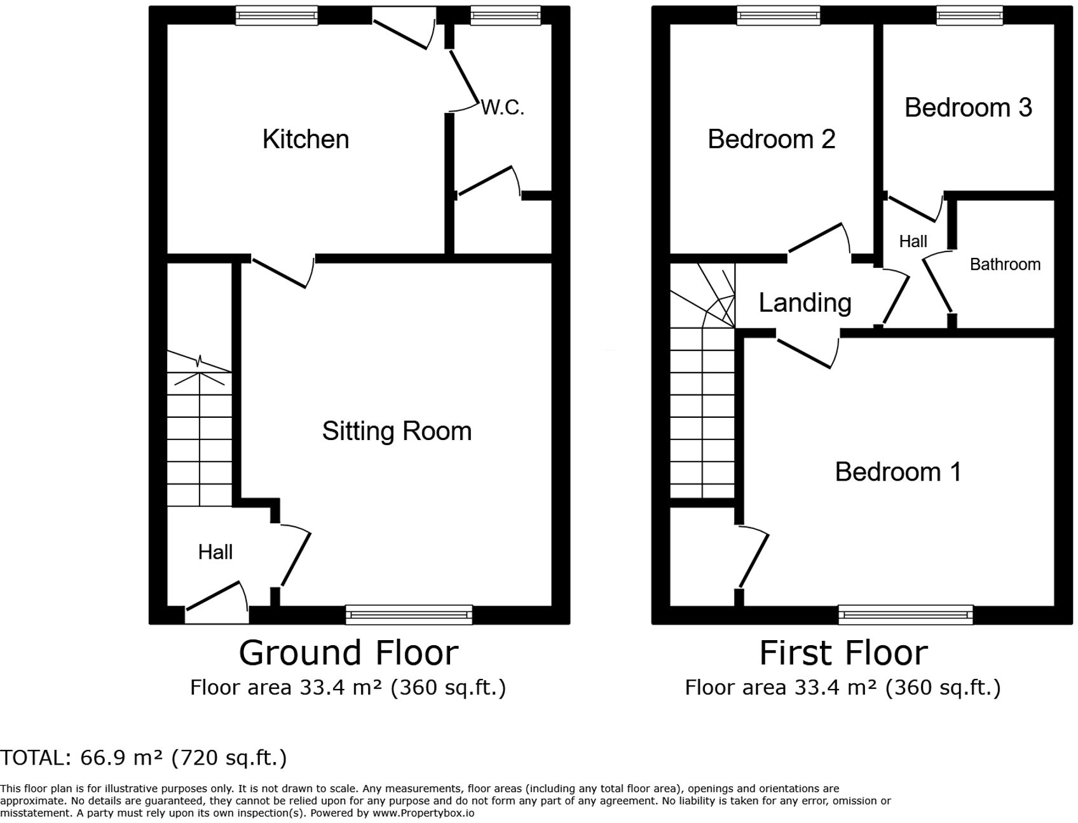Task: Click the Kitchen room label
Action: pos(306,139)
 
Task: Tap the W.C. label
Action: pos(503,107)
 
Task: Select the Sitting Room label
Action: pos(397,431)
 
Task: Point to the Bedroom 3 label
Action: pos(968,107)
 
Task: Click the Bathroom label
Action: pos(1005,264)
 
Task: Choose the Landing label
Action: pos(805,303)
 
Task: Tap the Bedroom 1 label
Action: pos(898,472)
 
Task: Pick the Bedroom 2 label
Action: pos(771,139)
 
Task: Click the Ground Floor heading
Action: pos(348,653)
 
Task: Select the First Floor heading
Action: pos(843,653)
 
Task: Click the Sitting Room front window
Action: pos(409,614)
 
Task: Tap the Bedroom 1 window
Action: pos(905,614)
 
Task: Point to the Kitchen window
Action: pos(276,15)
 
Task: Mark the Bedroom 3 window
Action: pos(969,15)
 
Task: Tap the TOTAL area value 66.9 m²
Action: pos(121,758)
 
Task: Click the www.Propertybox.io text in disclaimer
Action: pos(423,813)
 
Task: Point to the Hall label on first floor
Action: pos(913,241)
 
